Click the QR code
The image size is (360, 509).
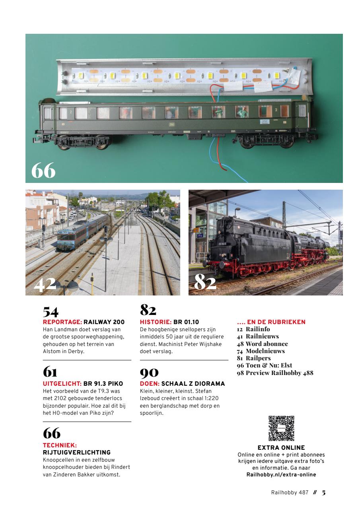tap(281, 428)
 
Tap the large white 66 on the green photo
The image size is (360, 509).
tap(43, 171)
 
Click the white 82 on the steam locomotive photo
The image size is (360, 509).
tap(205, 283)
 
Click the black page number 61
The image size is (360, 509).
tap(50, 372)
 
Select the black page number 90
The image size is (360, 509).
tap(149, 372)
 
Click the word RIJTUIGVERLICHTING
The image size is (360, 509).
tap(76, 452)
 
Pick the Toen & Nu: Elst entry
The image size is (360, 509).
tap(265, 365)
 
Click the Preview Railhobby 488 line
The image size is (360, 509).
tap(275, 373)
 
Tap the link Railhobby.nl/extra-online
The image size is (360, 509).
tap(281, 474)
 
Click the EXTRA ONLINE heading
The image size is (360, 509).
tap(281, 448)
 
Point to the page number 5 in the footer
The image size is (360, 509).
tap(324, 492)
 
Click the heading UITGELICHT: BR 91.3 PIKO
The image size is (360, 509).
tap(83, 384)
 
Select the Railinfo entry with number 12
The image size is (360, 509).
tap(253, 329)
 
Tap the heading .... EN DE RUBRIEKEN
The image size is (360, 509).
tap(271, 322)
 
